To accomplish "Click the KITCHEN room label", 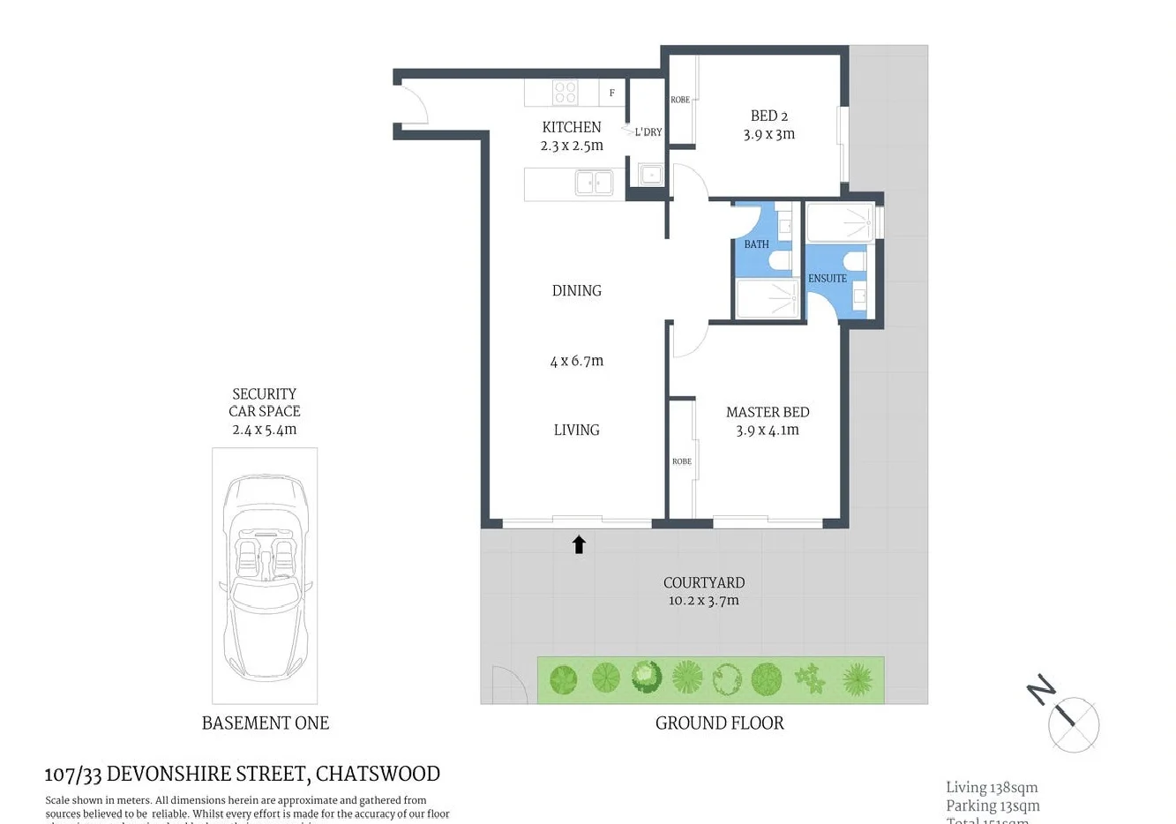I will [572, 127].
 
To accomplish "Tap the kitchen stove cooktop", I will [566, 93].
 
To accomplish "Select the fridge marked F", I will [612, 93].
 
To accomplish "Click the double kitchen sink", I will [594, 183].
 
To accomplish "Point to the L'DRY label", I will [648, 132].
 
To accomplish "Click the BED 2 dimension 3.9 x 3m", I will [769, 135].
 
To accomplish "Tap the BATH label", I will [756, 244].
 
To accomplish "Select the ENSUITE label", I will [827, 279].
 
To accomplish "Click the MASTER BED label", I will [768, 412].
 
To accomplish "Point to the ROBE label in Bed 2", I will [680, 100].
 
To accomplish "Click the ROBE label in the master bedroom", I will [682, 461].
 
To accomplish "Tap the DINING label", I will [577, 290].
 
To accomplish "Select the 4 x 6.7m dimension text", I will [577, 361].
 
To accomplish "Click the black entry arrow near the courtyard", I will [579, 544].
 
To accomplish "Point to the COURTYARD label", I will [704, 582].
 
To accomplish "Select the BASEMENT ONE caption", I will [266, 723].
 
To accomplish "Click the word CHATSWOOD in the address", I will [378, 774].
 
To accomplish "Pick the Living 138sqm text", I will [992, 788].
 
